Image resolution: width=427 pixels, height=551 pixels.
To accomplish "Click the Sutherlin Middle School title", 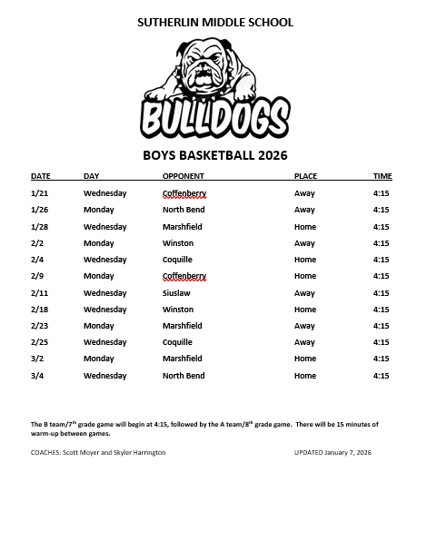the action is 215,23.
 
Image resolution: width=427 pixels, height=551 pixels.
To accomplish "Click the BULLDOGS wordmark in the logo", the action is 214,118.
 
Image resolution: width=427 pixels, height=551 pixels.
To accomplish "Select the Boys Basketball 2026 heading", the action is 214,155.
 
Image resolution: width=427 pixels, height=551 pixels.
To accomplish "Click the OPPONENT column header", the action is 183,176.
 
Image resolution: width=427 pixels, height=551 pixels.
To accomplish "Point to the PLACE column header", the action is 305,176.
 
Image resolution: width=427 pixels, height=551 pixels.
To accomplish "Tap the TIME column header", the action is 382,176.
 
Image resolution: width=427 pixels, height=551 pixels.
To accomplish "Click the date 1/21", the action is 39,193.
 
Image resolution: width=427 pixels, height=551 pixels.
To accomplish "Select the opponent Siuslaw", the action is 176,293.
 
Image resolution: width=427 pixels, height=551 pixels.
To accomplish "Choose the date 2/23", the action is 39,326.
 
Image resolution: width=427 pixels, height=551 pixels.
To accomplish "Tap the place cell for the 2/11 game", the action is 304,293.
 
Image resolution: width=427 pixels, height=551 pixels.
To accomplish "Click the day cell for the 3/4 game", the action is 104,376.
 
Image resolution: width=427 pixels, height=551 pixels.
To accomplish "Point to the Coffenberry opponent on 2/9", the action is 184,276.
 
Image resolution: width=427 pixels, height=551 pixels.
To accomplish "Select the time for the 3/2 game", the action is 382,359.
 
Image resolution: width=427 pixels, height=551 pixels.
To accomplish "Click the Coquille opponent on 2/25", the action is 177,342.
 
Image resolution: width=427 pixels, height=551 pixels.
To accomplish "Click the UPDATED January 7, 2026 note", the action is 333,452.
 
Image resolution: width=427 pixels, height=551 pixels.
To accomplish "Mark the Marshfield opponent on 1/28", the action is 182,227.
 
